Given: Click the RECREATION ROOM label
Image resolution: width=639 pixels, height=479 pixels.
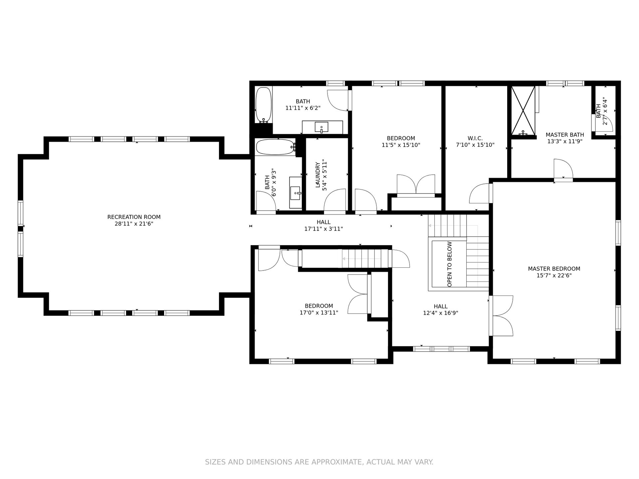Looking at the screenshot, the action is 134,217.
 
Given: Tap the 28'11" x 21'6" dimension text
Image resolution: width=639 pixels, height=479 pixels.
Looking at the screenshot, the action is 134,224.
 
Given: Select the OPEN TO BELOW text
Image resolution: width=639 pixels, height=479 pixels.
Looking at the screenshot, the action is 450,264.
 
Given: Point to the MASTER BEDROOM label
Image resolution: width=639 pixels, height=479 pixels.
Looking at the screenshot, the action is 554,268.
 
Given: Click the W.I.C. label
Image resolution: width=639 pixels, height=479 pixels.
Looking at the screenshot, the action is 475,138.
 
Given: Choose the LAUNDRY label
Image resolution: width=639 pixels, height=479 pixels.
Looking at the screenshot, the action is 318,175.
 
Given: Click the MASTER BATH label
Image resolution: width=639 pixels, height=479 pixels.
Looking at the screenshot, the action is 565,135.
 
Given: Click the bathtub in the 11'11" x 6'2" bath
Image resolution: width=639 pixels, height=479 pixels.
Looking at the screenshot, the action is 264,105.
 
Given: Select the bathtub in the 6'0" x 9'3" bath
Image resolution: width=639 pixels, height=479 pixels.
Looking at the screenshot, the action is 275,147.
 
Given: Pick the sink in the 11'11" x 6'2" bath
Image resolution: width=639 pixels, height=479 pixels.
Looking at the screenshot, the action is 321,127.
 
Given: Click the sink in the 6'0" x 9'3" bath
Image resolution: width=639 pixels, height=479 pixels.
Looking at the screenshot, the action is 296,193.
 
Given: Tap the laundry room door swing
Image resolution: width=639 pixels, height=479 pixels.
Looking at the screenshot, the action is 335,200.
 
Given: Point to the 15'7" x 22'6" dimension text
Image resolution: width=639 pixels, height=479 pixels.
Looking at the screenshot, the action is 554,275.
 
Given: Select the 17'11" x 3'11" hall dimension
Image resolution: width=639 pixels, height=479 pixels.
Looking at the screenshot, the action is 323,229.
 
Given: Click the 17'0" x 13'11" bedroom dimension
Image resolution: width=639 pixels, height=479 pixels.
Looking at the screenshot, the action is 319,313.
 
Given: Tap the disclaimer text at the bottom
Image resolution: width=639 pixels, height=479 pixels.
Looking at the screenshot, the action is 319,462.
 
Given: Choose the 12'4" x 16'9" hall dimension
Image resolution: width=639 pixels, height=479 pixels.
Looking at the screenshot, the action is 441,313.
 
